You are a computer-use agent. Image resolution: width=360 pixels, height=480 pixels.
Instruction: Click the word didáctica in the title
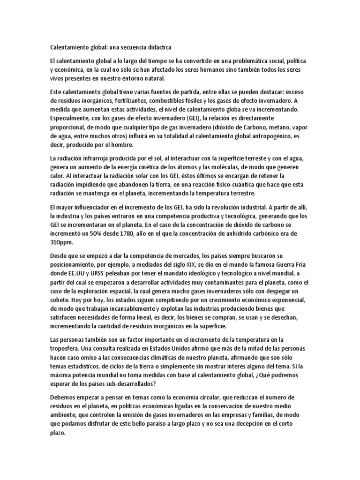click(157, 47)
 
